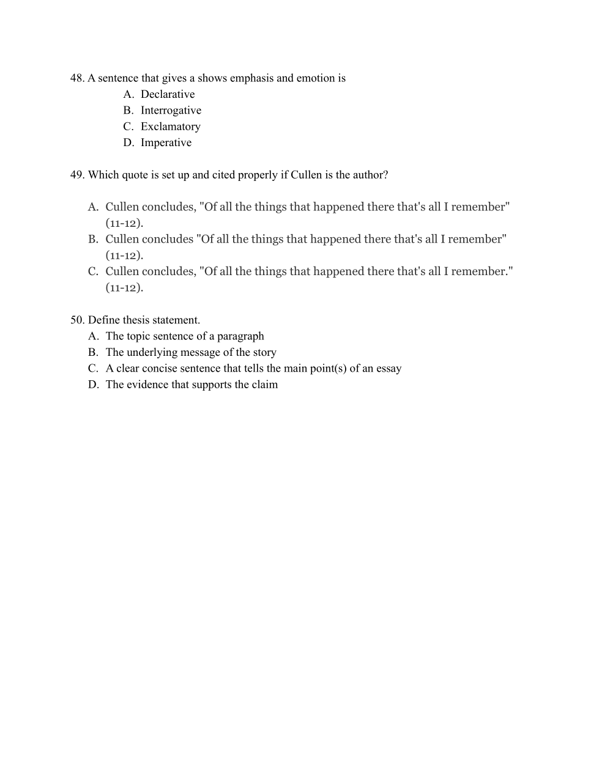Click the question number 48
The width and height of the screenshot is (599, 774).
click(x=76, y=78)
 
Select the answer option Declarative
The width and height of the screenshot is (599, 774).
click(x=168, y=94)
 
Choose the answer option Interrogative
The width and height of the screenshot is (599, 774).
click(x=171, y=111)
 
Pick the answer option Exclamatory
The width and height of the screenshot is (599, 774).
click(x=170, y=127)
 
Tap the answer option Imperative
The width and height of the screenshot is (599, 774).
click(x=166, y=142)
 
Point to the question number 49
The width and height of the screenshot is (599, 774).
click(x=77, y=175)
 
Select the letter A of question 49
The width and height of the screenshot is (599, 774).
click(x=92, y=207)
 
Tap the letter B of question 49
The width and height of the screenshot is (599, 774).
click(x=92, y=239)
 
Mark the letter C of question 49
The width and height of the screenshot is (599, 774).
click(x=92, y=271)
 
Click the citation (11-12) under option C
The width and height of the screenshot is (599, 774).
click(x=124, y=288)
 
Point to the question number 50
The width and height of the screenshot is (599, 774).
click(x=77, y=320)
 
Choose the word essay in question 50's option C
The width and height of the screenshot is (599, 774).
click(x=389, y=369)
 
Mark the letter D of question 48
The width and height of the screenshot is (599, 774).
click(x=128, y=142)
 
